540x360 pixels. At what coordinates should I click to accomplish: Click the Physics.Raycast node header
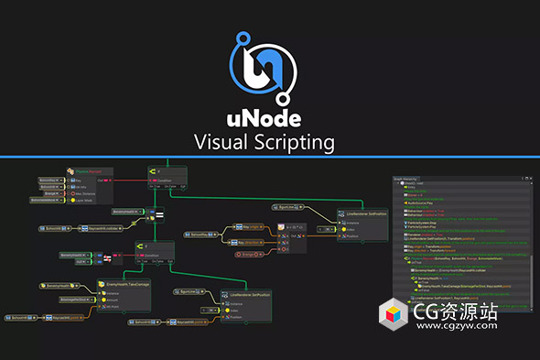click(x=88, y=170)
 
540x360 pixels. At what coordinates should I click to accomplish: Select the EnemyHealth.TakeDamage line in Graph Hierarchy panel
click(x=458, y=287)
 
